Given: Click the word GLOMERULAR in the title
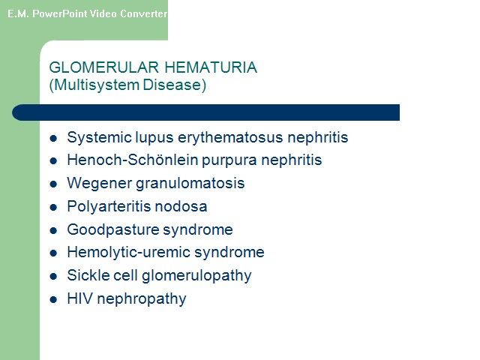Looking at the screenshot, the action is (x=104, y=67).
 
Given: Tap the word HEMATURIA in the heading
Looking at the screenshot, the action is (x=211, y=67).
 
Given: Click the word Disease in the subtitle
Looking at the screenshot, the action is (x=172, y=85).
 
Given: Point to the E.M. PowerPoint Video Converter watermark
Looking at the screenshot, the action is (x=87, y=13).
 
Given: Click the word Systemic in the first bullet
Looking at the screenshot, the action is (x=99, y=137).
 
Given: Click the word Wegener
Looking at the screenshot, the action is (x=99, y=184).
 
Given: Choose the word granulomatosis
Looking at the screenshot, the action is (x=190, y=184).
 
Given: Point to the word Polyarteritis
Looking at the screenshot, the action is (x=109, y=206).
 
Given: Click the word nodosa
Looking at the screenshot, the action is (x=181, y=206).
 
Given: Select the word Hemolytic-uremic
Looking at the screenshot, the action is (x=129, y=253).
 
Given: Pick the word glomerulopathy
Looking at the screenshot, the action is (x=196, y=276).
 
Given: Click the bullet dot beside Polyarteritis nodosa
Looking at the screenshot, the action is (x=53, y=207).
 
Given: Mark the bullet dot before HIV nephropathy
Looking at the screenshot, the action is (x=53, y=299).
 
